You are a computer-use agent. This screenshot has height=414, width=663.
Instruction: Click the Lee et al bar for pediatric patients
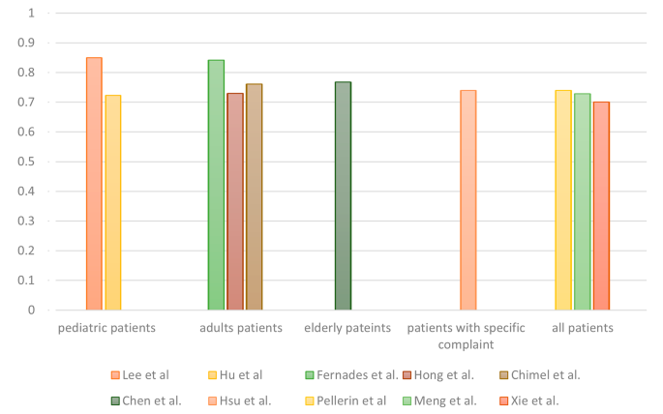pos(94,184)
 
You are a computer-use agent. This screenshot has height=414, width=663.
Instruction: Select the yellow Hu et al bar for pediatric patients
pos(113,203)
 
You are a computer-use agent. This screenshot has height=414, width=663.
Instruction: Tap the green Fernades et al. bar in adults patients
pos(216,185)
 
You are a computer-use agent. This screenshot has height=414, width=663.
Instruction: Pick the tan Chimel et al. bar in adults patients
pos(254,197)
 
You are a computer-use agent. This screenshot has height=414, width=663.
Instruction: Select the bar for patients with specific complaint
pos(468,200)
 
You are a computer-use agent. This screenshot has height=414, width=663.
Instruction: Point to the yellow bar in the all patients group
pos(563,200)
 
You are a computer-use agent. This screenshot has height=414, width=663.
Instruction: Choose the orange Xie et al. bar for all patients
pos(601,206)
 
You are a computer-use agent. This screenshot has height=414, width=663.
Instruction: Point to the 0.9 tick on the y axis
pos(35,43)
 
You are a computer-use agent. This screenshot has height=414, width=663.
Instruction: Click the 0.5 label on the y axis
pos(35,162)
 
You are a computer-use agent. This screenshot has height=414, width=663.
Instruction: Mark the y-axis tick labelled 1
pos(40,14)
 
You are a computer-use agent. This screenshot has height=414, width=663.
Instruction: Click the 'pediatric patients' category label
pos(106,328)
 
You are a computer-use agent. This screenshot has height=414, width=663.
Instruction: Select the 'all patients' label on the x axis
pos(583,328)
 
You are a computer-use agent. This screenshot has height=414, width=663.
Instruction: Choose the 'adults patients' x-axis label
pos(241,328)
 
